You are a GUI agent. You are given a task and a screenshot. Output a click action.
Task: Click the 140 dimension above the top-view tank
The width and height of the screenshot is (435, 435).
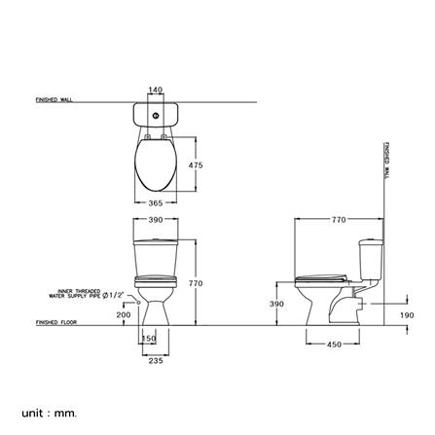pyautogui.click(x=155, y=90)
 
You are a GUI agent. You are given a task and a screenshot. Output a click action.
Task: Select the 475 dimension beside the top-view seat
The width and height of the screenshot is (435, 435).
pyautogui.click(x=196, y=165)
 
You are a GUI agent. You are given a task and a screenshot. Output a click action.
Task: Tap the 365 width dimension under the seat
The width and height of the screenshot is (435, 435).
pyautogui.click(x=155, y=203)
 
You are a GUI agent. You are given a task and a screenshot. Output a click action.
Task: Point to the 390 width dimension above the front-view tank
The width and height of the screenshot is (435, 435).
pyautogui.click(x=155, y=220)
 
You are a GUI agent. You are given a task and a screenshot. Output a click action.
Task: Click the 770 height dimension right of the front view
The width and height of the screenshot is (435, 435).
pyautogui.click(x=194, y=283)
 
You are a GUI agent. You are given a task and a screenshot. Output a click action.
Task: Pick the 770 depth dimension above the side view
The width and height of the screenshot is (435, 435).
pyautogui.click(x=339, y=220)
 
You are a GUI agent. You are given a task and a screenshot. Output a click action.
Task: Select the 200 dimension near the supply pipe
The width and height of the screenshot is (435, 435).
pyautogui.click(x=123, y=315)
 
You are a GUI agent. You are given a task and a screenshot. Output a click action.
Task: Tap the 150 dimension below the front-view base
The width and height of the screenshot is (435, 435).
pyautogui.click(x=149, y=339)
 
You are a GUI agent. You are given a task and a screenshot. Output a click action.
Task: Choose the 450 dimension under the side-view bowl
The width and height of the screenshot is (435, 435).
pyautogui.click(x=333, y=343)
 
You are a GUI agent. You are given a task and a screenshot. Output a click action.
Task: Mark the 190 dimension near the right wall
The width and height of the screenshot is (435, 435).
pyautogui.click(x=406, y=315)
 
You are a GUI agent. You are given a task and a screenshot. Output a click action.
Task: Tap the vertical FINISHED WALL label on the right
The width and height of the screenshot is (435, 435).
pyautogui.click(x=386, y=158)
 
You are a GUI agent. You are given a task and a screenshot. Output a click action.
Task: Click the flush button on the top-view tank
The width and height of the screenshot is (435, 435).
pyautogui.click(x=155, y=116)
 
